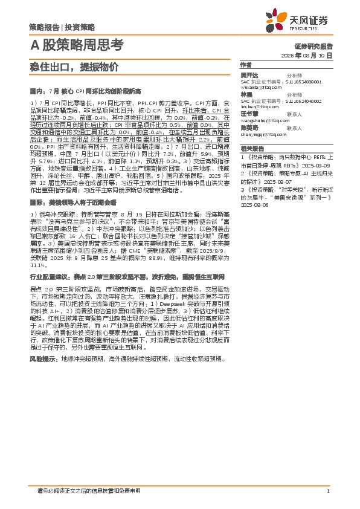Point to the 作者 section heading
[x=245, y=65]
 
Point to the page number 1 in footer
[x=327, y=491]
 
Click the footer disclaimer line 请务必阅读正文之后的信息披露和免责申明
[x=89, y=491]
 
